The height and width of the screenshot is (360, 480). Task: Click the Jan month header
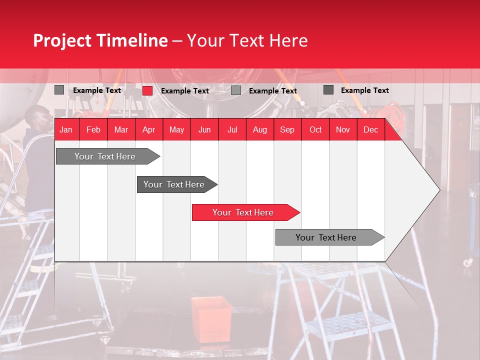point(66,130)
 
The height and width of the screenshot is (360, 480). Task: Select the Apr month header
point(148,130)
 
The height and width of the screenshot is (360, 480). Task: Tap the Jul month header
point(232,130)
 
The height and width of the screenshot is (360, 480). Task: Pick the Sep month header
point(287,130)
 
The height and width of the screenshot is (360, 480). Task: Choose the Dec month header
point(370,130)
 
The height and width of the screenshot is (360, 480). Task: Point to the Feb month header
point(93,130)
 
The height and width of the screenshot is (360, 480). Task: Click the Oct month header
point(315,130)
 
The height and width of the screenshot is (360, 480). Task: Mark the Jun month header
point(204,130)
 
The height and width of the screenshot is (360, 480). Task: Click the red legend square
point(147,90)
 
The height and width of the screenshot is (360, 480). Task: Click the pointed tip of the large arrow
point(439,189)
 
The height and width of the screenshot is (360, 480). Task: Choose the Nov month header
point(343,130)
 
